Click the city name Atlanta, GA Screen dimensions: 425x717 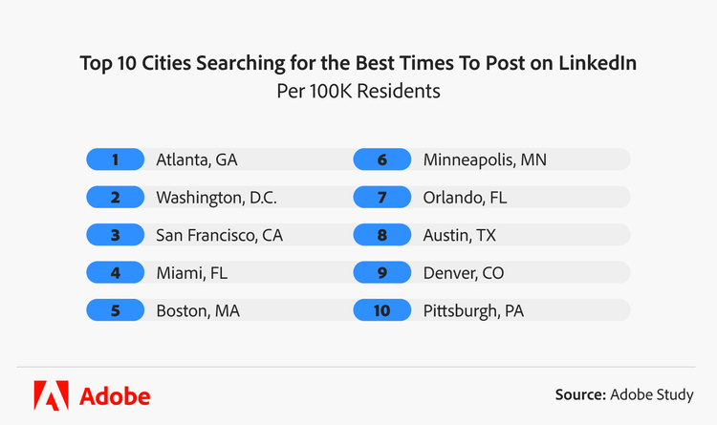click(196, 159)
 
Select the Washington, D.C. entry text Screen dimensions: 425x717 click(216, 198)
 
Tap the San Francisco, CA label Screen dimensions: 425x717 click(219, 235)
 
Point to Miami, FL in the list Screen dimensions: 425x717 click(192, 273)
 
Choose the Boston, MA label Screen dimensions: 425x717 click(197, 310)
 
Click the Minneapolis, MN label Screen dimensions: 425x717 click(485, 159)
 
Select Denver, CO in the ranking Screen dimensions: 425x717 click(464, 273)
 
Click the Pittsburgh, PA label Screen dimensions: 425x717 click(473, 310)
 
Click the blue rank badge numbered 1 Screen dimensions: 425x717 click(115, 159)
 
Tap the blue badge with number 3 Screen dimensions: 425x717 click(115, 235)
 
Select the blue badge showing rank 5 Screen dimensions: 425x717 click(115, 310)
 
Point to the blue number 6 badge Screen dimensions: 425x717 click(382, 159)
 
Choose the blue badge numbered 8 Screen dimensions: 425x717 click(382, 235)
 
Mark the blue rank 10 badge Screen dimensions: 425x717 click(382, 310)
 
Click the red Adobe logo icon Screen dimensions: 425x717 click(50, 394)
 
